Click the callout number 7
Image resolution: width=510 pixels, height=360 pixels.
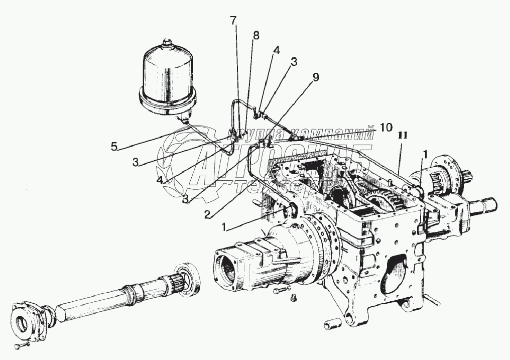click(x=233, y=21)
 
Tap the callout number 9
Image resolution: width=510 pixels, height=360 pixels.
click(x=315, y=77)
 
